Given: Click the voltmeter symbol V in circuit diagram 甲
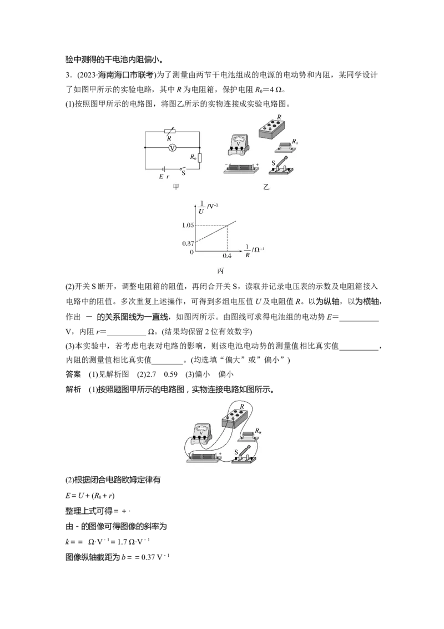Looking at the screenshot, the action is [172, 148].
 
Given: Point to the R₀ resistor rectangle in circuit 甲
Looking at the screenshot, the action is [199, 158].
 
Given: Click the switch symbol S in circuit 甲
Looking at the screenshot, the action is [183, 168].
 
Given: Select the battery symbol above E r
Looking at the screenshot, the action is [164, 169].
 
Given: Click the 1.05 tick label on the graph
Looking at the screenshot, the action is [188, 225].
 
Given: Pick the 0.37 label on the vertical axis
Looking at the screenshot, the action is [188, 243].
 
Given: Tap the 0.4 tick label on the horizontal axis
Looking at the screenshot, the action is [227, 256].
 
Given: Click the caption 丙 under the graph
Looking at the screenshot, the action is [220, 271].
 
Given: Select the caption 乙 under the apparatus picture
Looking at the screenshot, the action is [266, 187].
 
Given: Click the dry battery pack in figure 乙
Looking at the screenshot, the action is [241, 168].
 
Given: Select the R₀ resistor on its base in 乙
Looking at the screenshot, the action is [286, 147].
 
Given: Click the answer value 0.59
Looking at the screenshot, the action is [171, 375].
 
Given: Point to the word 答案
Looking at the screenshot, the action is [73, 375].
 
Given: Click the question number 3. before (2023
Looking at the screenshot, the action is [68, 75].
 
